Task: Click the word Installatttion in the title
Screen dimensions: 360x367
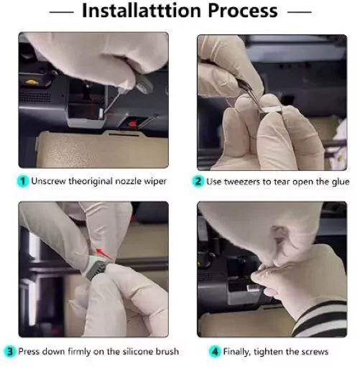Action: pos(142,11)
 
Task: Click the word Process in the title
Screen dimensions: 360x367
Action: pos(243,11)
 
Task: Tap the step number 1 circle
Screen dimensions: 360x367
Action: pos(23,181)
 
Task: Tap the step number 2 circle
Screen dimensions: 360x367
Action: pos(198,181)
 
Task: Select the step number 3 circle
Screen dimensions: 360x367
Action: pos(10,352)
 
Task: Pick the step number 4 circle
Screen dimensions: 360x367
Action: pos(215,352)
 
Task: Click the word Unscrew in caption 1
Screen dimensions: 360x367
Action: pos(48,181)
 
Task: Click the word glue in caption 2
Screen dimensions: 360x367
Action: pos(341,182)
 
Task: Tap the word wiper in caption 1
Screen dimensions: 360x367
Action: pos(155,181)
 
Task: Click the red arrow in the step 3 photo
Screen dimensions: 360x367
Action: pos(104,254)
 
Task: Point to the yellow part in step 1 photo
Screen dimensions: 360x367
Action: pos(32,82)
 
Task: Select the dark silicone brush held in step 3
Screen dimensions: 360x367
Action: pos(96,269)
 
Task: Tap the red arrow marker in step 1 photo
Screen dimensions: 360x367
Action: pos(132,124)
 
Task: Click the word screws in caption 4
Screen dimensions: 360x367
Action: pos(315,352)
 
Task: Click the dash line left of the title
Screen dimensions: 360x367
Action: pos(62,11)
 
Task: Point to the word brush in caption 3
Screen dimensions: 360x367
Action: pos(167,351)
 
